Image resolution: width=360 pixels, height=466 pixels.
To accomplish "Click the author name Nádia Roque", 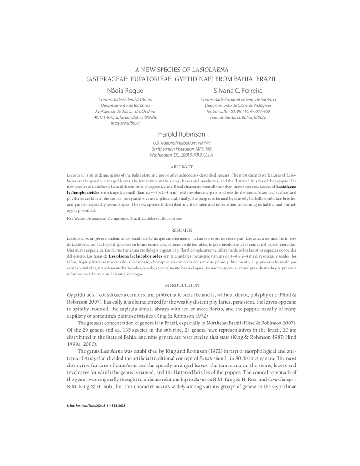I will pyautogui.click(x=125, y=91).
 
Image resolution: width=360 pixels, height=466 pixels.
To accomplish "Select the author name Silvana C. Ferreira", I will pyautogui.click(x=238, y=91).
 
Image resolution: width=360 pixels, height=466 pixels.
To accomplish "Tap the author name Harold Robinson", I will pyautogui.click(x=182, y=134).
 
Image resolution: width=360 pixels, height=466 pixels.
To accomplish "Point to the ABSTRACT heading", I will pyautogui.click(x=182, y=167).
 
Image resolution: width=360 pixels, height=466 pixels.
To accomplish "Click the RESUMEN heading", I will pyautogui.click(x=182, y=231).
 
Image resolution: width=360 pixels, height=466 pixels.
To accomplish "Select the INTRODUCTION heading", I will pyautogui.click(x=182, y=285).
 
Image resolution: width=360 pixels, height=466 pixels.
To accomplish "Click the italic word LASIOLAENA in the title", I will pyautogui.click(x=210, y=70).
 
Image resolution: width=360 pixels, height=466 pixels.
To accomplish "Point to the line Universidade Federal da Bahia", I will pyautogui.click(x=125, y=100).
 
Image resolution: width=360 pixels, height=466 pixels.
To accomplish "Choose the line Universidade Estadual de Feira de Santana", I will pyautogui.click(x=238, y=100).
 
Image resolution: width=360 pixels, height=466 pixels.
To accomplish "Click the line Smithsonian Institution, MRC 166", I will pyautogui.click(x=182, y=149).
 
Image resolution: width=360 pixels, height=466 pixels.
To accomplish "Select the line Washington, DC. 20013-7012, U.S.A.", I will pyautogui.click(x=182, y=155).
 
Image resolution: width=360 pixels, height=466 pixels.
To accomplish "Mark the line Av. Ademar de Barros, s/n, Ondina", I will pyautogui.click(x=125, y=111).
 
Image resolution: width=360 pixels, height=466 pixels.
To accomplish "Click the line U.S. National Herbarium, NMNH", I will pyautogui.click(x=182, y=143).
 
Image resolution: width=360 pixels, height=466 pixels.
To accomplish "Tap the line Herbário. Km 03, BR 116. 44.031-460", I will pyautogui.click(x=238, y=111).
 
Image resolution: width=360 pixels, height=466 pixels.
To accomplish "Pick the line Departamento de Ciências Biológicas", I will pyautogui.click(x=238, y=106).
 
